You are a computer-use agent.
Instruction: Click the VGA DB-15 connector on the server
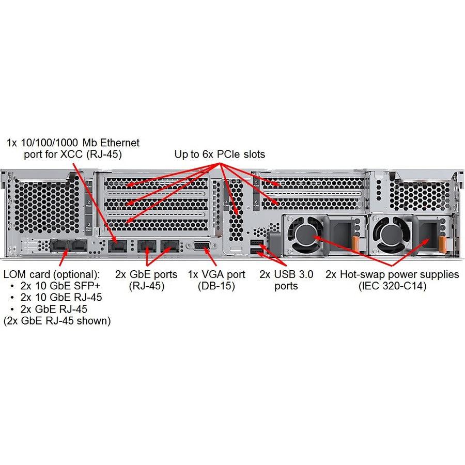point(202,246)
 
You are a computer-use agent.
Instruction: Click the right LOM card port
point(79,246)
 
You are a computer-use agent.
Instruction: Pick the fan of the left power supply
point(306,236)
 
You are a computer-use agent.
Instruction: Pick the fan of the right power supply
point(389,236)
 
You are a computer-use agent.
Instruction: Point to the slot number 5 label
point(256,182)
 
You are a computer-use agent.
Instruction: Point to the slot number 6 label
point(256,203)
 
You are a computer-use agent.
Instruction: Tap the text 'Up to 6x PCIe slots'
point(219,154)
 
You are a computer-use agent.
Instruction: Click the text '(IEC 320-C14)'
point(392,286)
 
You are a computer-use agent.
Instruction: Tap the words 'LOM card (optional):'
point(51,273)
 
